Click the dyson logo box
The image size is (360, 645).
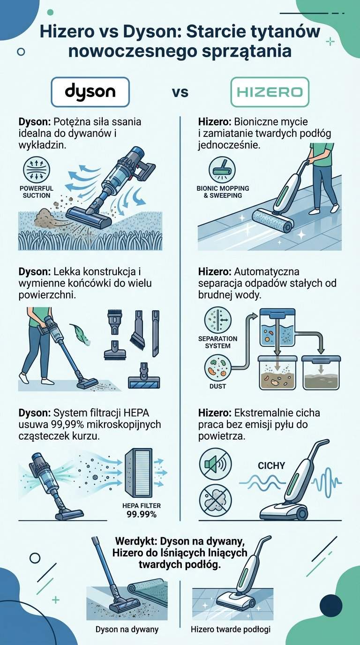coord(90,92)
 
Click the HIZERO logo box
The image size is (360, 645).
coord(270,92)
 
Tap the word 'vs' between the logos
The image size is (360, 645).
coord(180,92)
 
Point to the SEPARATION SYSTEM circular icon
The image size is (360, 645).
coord(218,321)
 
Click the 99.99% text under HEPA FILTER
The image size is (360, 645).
coord(141,514)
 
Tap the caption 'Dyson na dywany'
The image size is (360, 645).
coord(127,629)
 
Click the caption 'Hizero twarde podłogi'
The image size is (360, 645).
coord(231,629)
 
